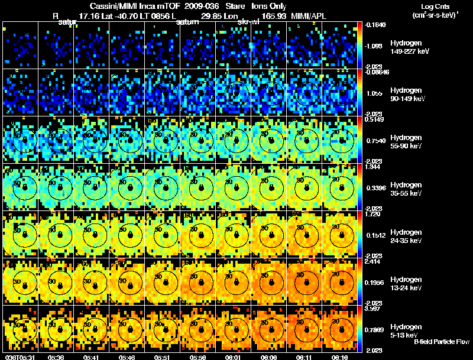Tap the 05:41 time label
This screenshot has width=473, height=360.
pos(92,356)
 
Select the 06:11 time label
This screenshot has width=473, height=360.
pos(306,356)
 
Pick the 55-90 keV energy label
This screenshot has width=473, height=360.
pos(406,146)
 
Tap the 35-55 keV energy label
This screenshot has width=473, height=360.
pos(406,193)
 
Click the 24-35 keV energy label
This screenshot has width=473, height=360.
pos(406,241)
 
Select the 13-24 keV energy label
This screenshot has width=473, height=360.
pos(406,288)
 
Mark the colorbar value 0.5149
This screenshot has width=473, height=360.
pos(375,119)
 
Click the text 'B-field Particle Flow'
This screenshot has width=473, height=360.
pos(442,342)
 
